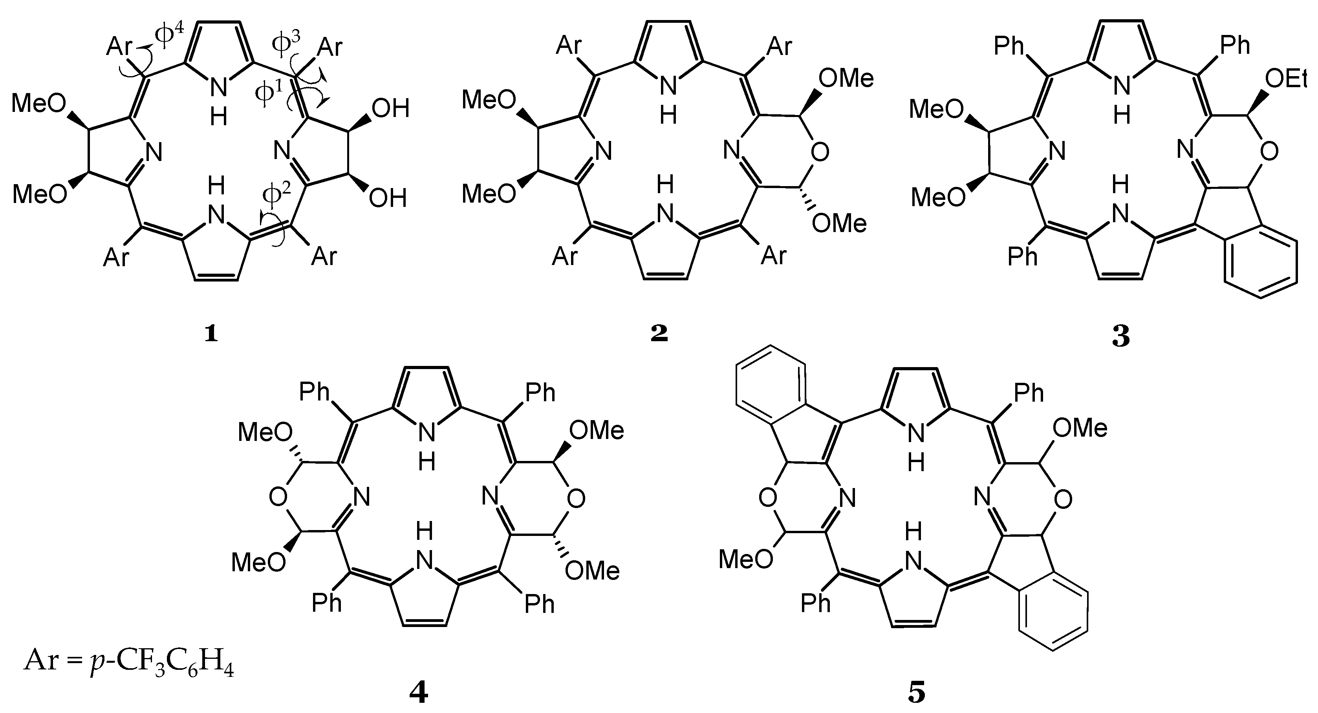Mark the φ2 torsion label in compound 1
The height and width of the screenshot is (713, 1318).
click(276, 196)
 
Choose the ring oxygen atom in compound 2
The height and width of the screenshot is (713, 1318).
click(820, 152)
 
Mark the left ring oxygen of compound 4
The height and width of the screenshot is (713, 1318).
click(278, 497)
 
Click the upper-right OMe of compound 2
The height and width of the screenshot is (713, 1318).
click(846, 78)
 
